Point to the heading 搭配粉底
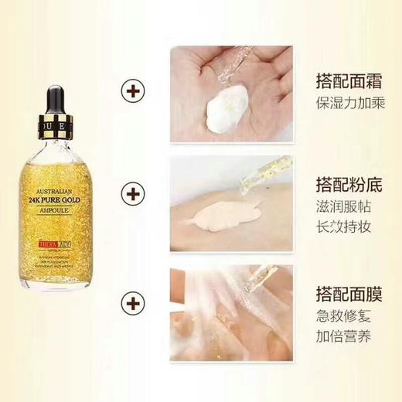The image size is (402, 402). coord(343,186)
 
